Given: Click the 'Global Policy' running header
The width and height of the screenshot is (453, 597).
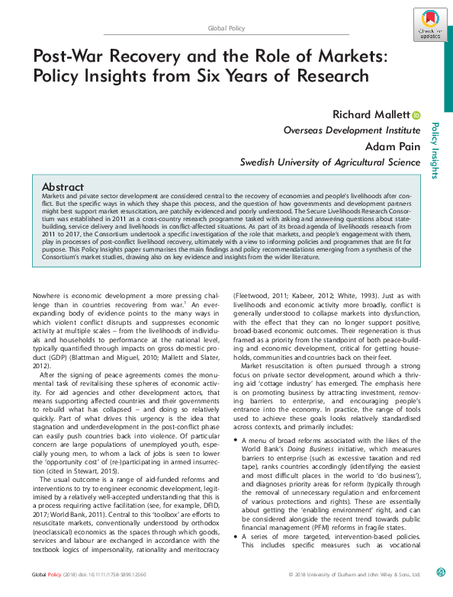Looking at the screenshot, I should coord(226,28).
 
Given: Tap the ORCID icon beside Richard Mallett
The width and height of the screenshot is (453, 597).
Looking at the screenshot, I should coord(416,115).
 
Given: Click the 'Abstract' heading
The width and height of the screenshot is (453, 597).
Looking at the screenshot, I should coord(63,187).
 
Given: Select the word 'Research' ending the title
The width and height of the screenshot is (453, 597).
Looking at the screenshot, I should coord(329,76).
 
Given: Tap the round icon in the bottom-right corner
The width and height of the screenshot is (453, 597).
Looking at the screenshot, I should coord(441,592).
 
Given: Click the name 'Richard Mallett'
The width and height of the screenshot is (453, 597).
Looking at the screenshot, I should coord(371,115).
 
